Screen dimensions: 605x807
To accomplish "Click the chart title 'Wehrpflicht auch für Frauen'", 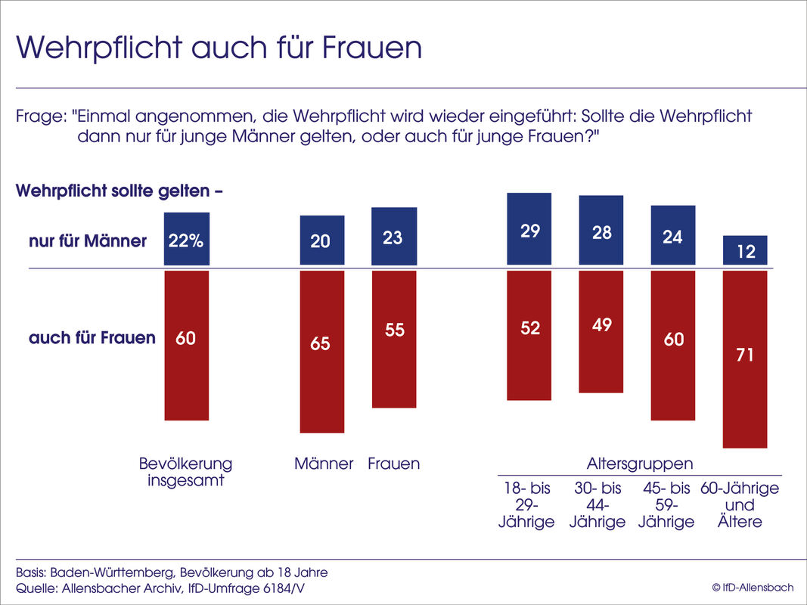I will point(219,47).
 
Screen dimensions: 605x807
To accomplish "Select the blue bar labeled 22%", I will point(186,239).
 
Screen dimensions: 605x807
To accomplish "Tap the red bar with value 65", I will point(322,352).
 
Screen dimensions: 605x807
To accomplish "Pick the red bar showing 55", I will point(394,339).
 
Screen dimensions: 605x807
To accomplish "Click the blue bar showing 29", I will point(529,228).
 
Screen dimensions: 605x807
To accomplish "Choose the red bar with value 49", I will point(601,331).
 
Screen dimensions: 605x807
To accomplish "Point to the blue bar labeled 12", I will point(746,250).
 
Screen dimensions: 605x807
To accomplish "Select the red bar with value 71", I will point(746,359).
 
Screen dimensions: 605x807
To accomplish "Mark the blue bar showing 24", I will point(673,235).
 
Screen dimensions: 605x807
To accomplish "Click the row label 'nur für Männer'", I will point(88,242).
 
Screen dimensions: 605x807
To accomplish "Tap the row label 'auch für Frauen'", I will point(92,338).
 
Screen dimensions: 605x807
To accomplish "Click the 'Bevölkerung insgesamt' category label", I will point(186,471).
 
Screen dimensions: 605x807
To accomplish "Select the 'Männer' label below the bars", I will point(324,464).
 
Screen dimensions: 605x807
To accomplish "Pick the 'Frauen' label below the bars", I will point(393,464).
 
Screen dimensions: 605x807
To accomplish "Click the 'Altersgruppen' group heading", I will point(640,464).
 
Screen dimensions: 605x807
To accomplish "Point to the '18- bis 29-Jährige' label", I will point(526,505).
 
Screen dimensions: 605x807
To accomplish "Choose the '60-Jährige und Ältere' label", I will point(740,505).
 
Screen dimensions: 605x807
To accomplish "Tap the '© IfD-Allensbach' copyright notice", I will point(753,588).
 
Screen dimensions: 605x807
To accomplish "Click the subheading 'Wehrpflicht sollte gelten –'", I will point(119,191).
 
